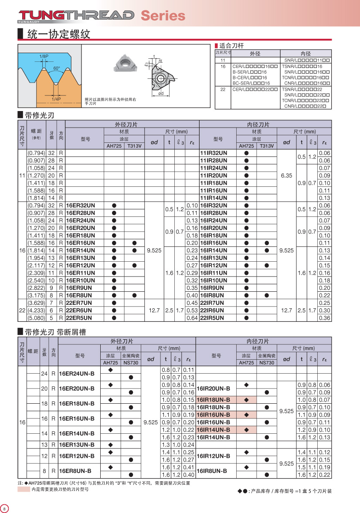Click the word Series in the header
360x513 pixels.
click(163, 16)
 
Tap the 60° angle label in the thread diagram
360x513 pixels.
click(57, 68)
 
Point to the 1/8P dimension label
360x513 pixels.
click(44, 57)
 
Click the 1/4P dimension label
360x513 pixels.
click(56, 99)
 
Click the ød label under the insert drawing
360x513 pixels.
click(161, 94)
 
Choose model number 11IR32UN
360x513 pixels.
click(214, 153)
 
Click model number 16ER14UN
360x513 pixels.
click(80, 250)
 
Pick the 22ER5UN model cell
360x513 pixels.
click(79, 318)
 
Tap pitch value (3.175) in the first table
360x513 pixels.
click(36, 295)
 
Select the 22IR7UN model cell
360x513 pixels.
click(213, 303)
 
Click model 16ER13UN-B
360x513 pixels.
click(76, 445)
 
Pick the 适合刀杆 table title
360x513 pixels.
click(230, 46)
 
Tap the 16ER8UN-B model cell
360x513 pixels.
click(75, 471)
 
